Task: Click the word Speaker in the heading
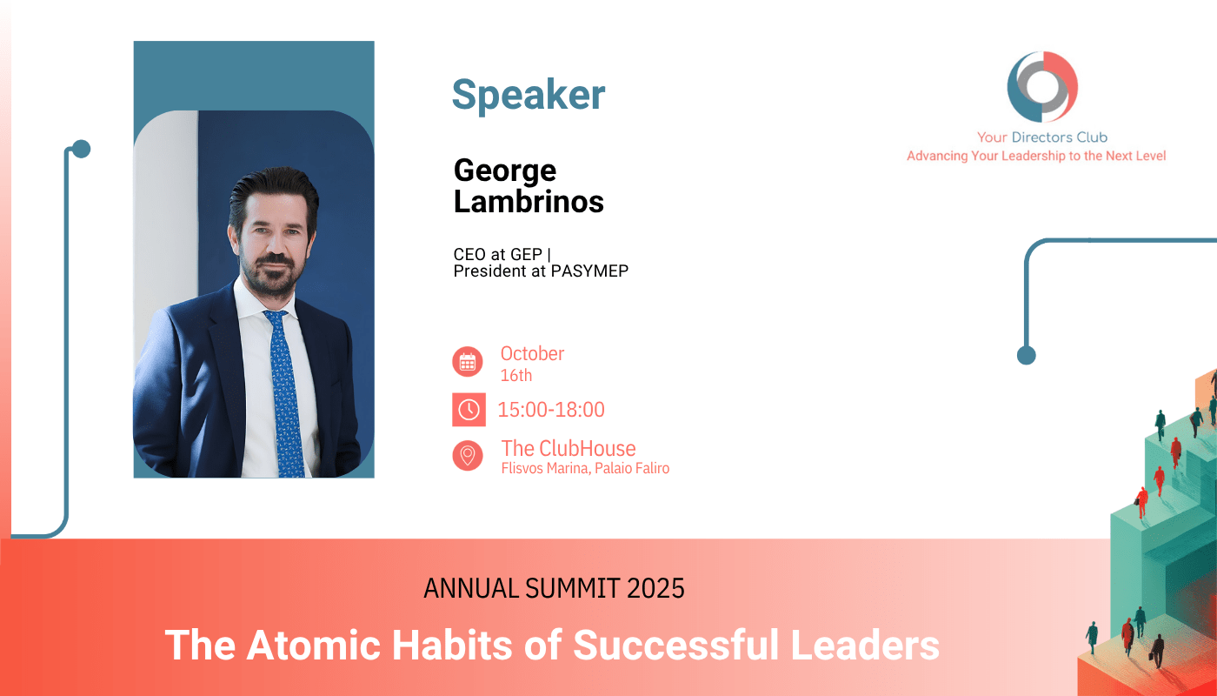pos(529,96)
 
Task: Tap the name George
pos(505,171)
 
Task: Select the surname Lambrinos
pos(529,202)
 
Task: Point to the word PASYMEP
pos(589,271)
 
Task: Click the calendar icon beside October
pos(468,362)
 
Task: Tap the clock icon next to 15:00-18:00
pos(469,410)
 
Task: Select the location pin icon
pos(468,455)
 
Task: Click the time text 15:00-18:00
pos(551,410)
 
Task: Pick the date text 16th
pos(516,375)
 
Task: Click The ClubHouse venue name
pos(569,449)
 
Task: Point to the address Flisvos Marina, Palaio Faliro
pos(585,468)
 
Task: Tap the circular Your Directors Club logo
pos(1042,86)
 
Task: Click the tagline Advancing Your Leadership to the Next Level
pos(1036,156)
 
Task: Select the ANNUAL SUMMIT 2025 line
pos(554,588)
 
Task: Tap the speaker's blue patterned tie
pos(285,392)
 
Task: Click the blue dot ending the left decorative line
pos(81,149)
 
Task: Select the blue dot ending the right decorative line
pos(1027,355)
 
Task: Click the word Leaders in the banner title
pos(865,646)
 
